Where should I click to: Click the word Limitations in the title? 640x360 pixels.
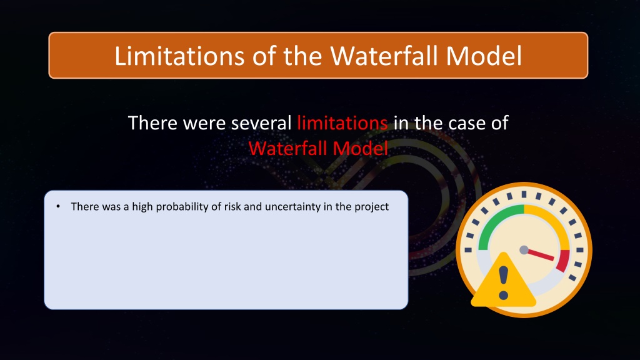pyautogui.click(x=179, y=56)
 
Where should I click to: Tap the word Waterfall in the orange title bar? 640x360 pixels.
pyautogui.click(x=384, y=56)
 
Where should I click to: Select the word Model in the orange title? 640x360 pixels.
pyautogui.click(x=484, y=56)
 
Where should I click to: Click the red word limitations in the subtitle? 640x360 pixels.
pyautogui.click(x=342, y=123)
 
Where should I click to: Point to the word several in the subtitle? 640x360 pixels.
pyautogui.click(x=261, y=123)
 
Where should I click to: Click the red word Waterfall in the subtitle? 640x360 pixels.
pyautogui.click(x=288, y=148)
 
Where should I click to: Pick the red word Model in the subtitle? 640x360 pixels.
pyautogui.click(x=361, y=148)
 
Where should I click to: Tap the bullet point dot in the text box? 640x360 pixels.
pyautogui.click(x=58, y=206)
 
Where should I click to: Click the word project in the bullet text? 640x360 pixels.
pyautogui.click(x=371, y=207)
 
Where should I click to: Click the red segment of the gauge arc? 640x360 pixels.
pyautogui.click(x=563, y=261)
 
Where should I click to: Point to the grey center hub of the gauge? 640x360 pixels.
pyautogui.click(x=524, y=250)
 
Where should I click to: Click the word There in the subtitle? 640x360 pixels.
pyautogui.click(x=152, y=123)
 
